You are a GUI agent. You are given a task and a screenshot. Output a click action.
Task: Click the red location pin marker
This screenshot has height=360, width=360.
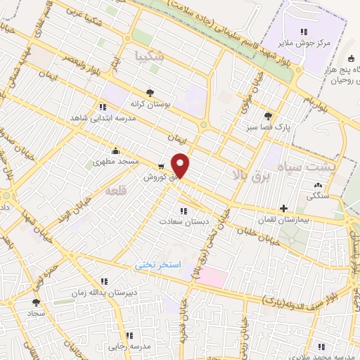[x=181, y=165]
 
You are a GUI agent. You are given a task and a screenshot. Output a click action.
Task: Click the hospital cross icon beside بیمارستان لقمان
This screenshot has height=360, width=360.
[x=283, y=208]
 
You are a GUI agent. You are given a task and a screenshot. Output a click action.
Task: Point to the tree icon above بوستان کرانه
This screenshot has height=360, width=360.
[x=150, y=93]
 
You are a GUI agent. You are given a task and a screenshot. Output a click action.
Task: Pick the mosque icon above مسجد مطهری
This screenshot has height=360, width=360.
[x=115, y=150]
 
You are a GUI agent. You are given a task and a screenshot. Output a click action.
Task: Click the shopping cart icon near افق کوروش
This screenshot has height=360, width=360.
[x=162, y=167]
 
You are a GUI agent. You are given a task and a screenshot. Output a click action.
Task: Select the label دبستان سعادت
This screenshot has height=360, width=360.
[x=183, y=221]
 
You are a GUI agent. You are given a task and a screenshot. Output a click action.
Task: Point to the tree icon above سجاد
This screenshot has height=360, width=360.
[x=36, y=302]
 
